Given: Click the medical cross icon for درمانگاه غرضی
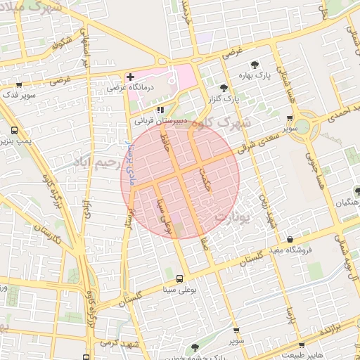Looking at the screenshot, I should coord(130,76).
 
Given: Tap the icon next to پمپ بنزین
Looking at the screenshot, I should coord(15,130).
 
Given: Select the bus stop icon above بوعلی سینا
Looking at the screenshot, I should coord(179,278).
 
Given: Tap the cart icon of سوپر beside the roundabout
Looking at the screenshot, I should coord(290,120).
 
